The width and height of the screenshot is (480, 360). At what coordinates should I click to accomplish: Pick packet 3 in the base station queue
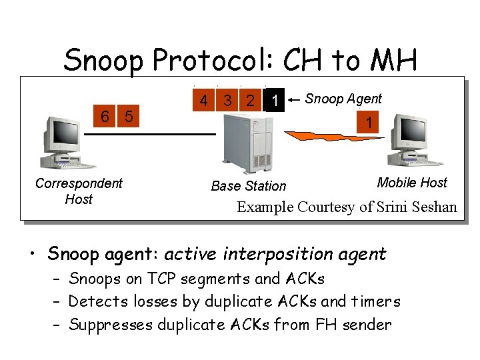[228, 101]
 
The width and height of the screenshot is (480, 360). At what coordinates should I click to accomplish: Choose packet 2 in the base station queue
[250, 101]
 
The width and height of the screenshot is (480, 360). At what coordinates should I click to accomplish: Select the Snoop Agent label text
[343, 99]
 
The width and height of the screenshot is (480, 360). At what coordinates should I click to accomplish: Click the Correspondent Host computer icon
[65, 143]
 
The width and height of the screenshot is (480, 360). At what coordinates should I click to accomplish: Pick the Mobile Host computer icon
[413, 141]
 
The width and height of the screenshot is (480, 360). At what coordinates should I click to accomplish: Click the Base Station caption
[248, 186]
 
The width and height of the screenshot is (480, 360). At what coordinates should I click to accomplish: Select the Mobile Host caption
[412, 183]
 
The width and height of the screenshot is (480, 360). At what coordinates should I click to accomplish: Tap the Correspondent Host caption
[79, 191]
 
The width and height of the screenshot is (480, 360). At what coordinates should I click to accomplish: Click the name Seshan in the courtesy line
[433, 207]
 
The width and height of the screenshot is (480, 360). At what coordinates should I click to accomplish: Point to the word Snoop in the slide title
[104, 61]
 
